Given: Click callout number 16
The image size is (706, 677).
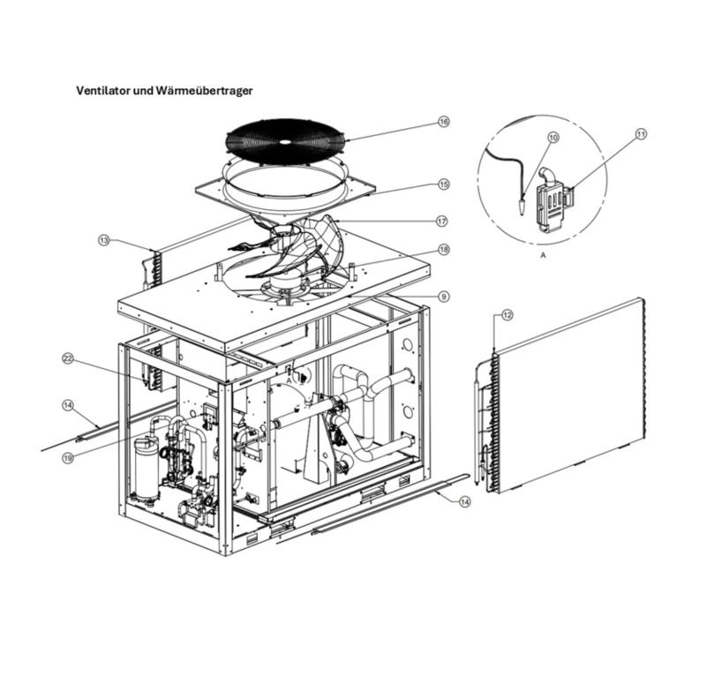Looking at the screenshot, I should (444, 122).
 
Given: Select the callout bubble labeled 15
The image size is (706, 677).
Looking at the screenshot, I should (444, 184).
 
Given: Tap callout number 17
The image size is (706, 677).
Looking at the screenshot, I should (444, 221).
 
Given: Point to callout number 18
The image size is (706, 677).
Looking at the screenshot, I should (444, 250).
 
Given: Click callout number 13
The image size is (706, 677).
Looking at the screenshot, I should (105, 240).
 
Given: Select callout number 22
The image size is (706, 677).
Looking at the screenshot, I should (68, 358).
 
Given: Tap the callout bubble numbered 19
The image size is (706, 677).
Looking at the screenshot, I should (68, 458).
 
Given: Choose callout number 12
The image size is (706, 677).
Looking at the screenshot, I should (507, 314).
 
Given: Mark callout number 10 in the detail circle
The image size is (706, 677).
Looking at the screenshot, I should (553, 138).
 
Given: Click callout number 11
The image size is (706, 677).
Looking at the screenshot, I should (642, 134).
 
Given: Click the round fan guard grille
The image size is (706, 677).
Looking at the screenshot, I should (284, 141).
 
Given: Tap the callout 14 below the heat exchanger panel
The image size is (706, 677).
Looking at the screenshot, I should (465, 500).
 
